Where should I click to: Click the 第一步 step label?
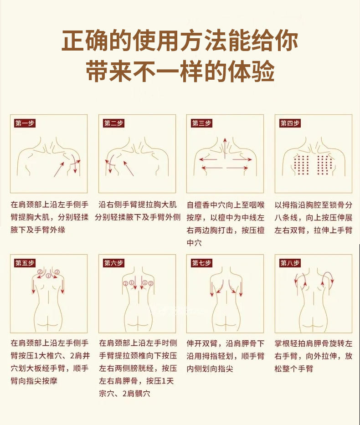[25, 123]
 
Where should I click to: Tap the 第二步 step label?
[113, 123]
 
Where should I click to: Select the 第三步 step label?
[201, 123]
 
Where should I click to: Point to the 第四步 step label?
[290, 123]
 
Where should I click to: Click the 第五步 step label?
[25, 263]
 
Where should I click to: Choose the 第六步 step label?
[113, 263]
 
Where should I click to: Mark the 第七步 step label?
[201, 263]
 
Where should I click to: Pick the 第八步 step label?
[290, 263]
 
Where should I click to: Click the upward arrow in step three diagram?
[225, 148]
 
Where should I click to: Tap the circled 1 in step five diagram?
[48, 276]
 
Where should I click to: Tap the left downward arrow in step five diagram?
[34, 286]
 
